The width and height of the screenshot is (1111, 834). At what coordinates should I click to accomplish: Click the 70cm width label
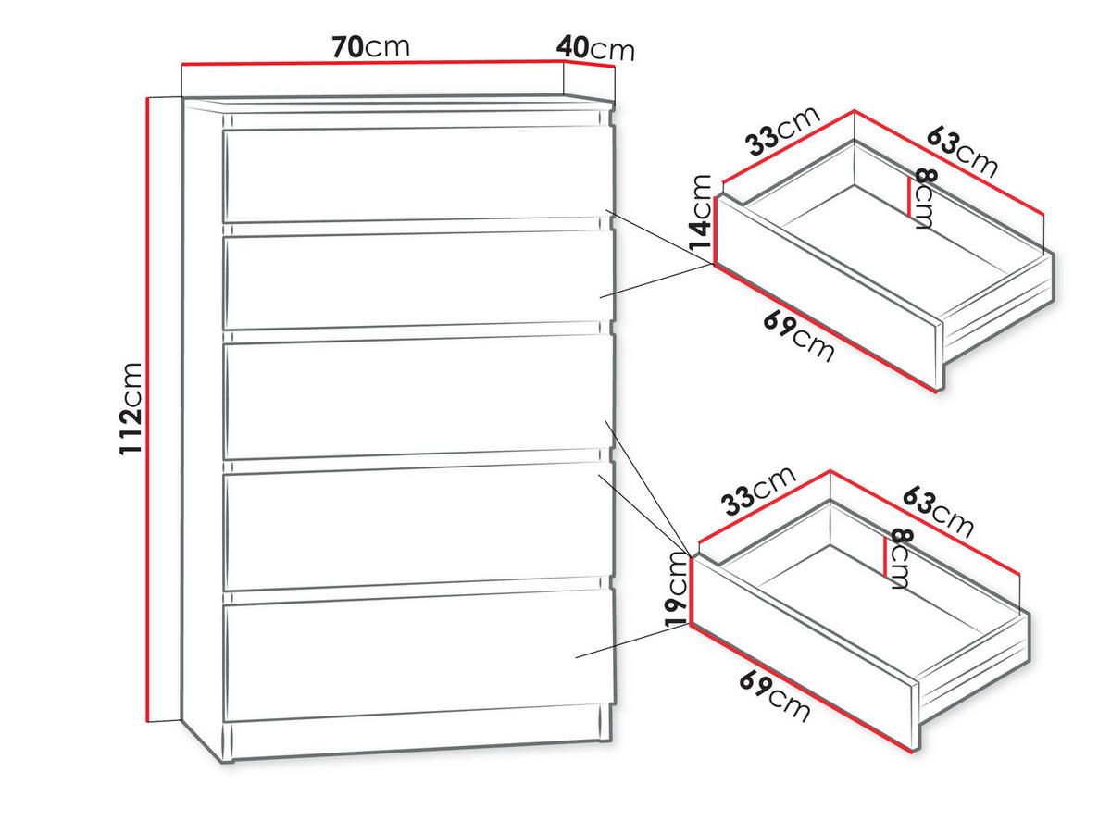[x=370, y=46]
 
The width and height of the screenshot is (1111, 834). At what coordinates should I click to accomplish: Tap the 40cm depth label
[x=594, y=49]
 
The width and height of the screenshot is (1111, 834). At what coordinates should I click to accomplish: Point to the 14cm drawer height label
[x=701, y=212]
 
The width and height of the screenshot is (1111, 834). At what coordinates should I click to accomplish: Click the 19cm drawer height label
[x=676, y=589]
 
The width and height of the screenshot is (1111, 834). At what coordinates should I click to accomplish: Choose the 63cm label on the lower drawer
[x=938, y=512]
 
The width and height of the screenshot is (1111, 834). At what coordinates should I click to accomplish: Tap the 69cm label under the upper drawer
[x=798, y=337]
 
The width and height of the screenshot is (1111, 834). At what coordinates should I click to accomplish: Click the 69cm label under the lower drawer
[x=774, y=695]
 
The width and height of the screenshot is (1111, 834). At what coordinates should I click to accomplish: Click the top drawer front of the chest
[x=418, y=175]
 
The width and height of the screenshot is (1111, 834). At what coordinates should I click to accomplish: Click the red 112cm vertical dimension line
[x=147, y=408]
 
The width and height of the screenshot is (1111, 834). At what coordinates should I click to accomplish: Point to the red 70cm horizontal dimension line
[x=372, y=63]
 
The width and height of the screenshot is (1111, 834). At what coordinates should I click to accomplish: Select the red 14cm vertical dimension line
[x=714, y=230]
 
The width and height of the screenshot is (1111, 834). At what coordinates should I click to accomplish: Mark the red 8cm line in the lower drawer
[x=885, y=556]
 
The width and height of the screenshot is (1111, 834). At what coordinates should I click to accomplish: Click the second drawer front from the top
[x=418, y=280]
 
